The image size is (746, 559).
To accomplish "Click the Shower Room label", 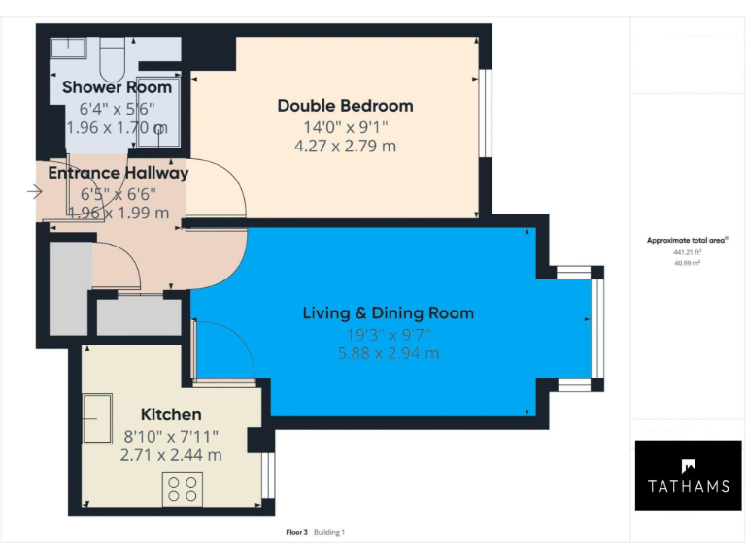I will [117, 87].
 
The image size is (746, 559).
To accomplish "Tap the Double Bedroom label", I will [345, 106].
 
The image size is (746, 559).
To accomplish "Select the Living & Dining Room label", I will [388, 312].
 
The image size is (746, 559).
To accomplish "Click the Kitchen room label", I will [171, 414].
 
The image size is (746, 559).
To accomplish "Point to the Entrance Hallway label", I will [118, 173].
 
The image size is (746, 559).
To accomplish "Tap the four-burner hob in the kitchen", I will [181, 487].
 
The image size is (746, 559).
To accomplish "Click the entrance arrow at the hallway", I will [35, 191].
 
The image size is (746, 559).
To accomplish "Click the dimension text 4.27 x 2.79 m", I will [345, 147].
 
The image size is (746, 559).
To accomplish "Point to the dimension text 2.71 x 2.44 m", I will [171, 454].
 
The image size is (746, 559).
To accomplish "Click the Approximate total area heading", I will [687, 240].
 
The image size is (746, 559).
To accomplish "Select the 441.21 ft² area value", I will [687, 251].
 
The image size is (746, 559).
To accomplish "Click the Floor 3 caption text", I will [296, 532].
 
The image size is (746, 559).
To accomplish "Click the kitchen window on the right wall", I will [269, 473].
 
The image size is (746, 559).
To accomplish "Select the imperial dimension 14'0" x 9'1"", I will [345, 126].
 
